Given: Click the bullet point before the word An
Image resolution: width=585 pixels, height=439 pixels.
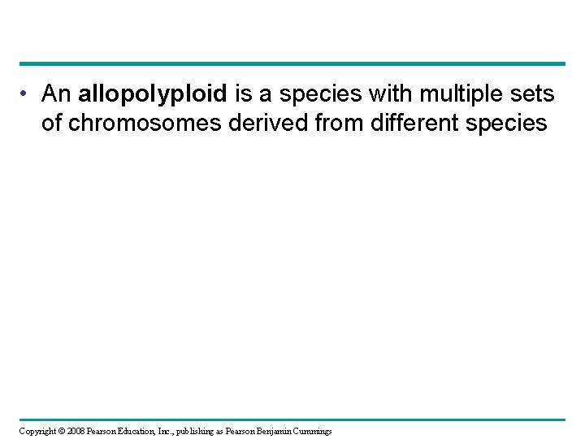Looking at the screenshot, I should tap(28, 95).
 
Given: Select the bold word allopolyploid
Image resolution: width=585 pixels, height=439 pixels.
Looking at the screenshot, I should tap(154, 95).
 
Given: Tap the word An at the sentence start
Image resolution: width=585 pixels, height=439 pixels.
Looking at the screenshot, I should tap(58, 95).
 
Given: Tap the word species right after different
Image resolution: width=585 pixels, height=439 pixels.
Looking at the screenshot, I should tap(509, 125).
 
